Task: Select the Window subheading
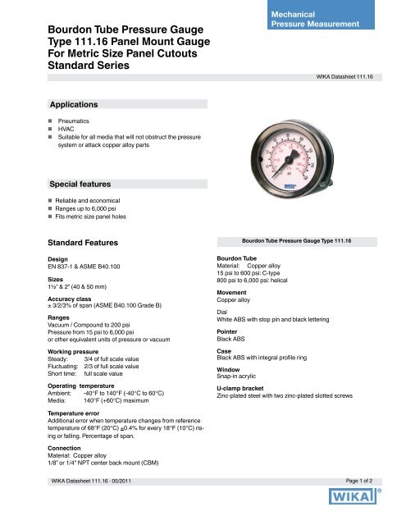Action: point(230,369)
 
